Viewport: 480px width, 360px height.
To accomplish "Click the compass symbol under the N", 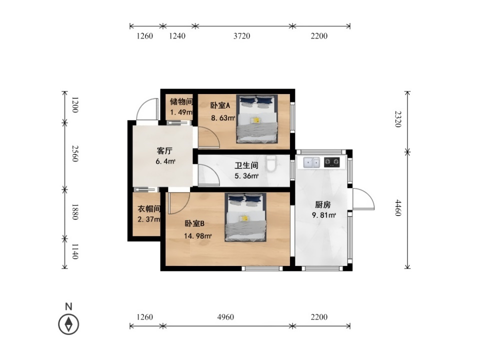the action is (68, 324).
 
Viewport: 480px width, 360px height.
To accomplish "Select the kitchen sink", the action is (311, 162).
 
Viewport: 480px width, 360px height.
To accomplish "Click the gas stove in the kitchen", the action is (332, 162).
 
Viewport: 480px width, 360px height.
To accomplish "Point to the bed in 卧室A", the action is (257, 119).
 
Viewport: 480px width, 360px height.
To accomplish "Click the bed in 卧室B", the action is (245, 217).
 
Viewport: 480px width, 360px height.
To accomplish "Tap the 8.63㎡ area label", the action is (223, 118).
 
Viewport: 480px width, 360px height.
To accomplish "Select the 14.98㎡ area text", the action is (198, 235).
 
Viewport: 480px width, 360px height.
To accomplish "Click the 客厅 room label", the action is (164, 150).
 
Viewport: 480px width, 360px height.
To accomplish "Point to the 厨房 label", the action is (323, 204).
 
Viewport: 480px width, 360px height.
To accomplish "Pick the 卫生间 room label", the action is (246, 165).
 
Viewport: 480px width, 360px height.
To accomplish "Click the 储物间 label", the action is (181, 101).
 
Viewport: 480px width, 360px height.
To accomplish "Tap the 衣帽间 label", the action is (149, 209).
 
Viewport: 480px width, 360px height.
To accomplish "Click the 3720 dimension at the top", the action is (242, 36).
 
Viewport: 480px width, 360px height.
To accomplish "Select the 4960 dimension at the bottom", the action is (225, 317).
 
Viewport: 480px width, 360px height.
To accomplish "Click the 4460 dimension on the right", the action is (398, 208).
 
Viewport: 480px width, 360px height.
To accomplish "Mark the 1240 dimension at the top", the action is (177, 36).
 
